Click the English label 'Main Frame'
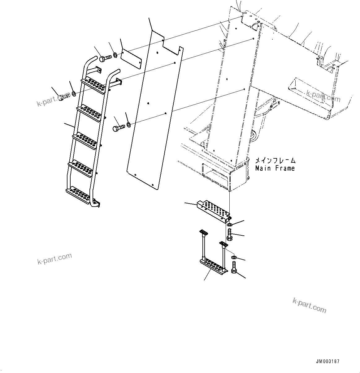pos(275,169)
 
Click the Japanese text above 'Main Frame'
pos(275,161)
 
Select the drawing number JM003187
pos(327,362)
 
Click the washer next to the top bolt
pos(115,55)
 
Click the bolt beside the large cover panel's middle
pos(119,127)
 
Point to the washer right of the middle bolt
pos(128,125)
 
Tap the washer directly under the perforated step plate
pos(229,224)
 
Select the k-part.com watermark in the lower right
pos(309,306)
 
